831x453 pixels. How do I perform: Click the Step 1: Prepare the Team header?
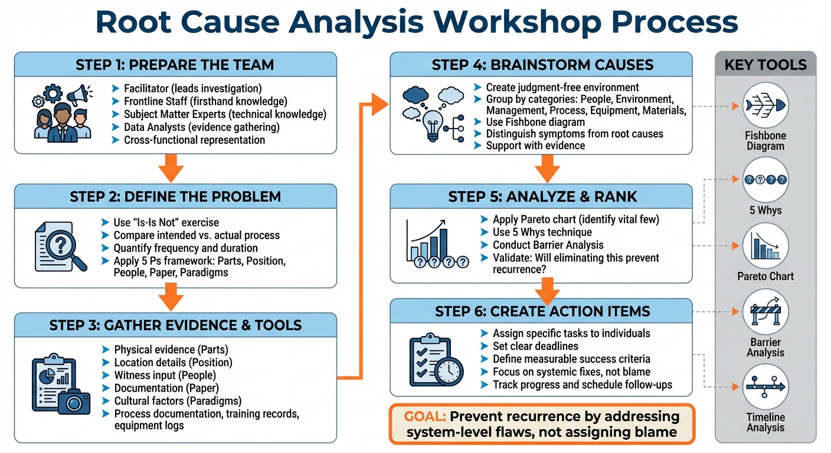(175, 64)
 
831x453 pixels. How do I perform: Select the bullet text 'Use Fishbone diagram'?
(535, 122)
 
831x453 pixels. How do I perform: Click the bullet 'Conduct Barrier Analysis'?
(548, 245)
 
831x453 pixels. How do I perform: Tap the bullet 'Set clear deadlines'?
(535, 346)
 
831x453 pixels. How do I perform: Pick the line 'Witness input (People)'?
(165, 375)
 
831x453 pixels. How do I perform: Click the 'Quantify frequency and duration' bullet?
(185, 248)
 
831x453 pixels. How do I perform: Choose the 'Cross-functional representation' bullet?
(194, 140)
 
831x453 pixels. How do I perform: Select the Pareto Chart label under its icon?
(765, 276)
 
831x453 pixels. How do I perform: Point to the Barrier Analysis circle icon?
(765, 313)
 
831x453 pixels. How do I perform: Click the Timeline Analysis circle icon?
(765, 388)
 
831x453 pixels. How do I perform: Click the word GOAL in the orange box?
(424, 416)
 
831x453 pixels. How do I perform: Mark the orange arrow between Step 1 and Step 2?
(172, 169)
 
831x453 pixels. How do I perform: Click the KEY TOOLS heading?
(765, 64)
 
